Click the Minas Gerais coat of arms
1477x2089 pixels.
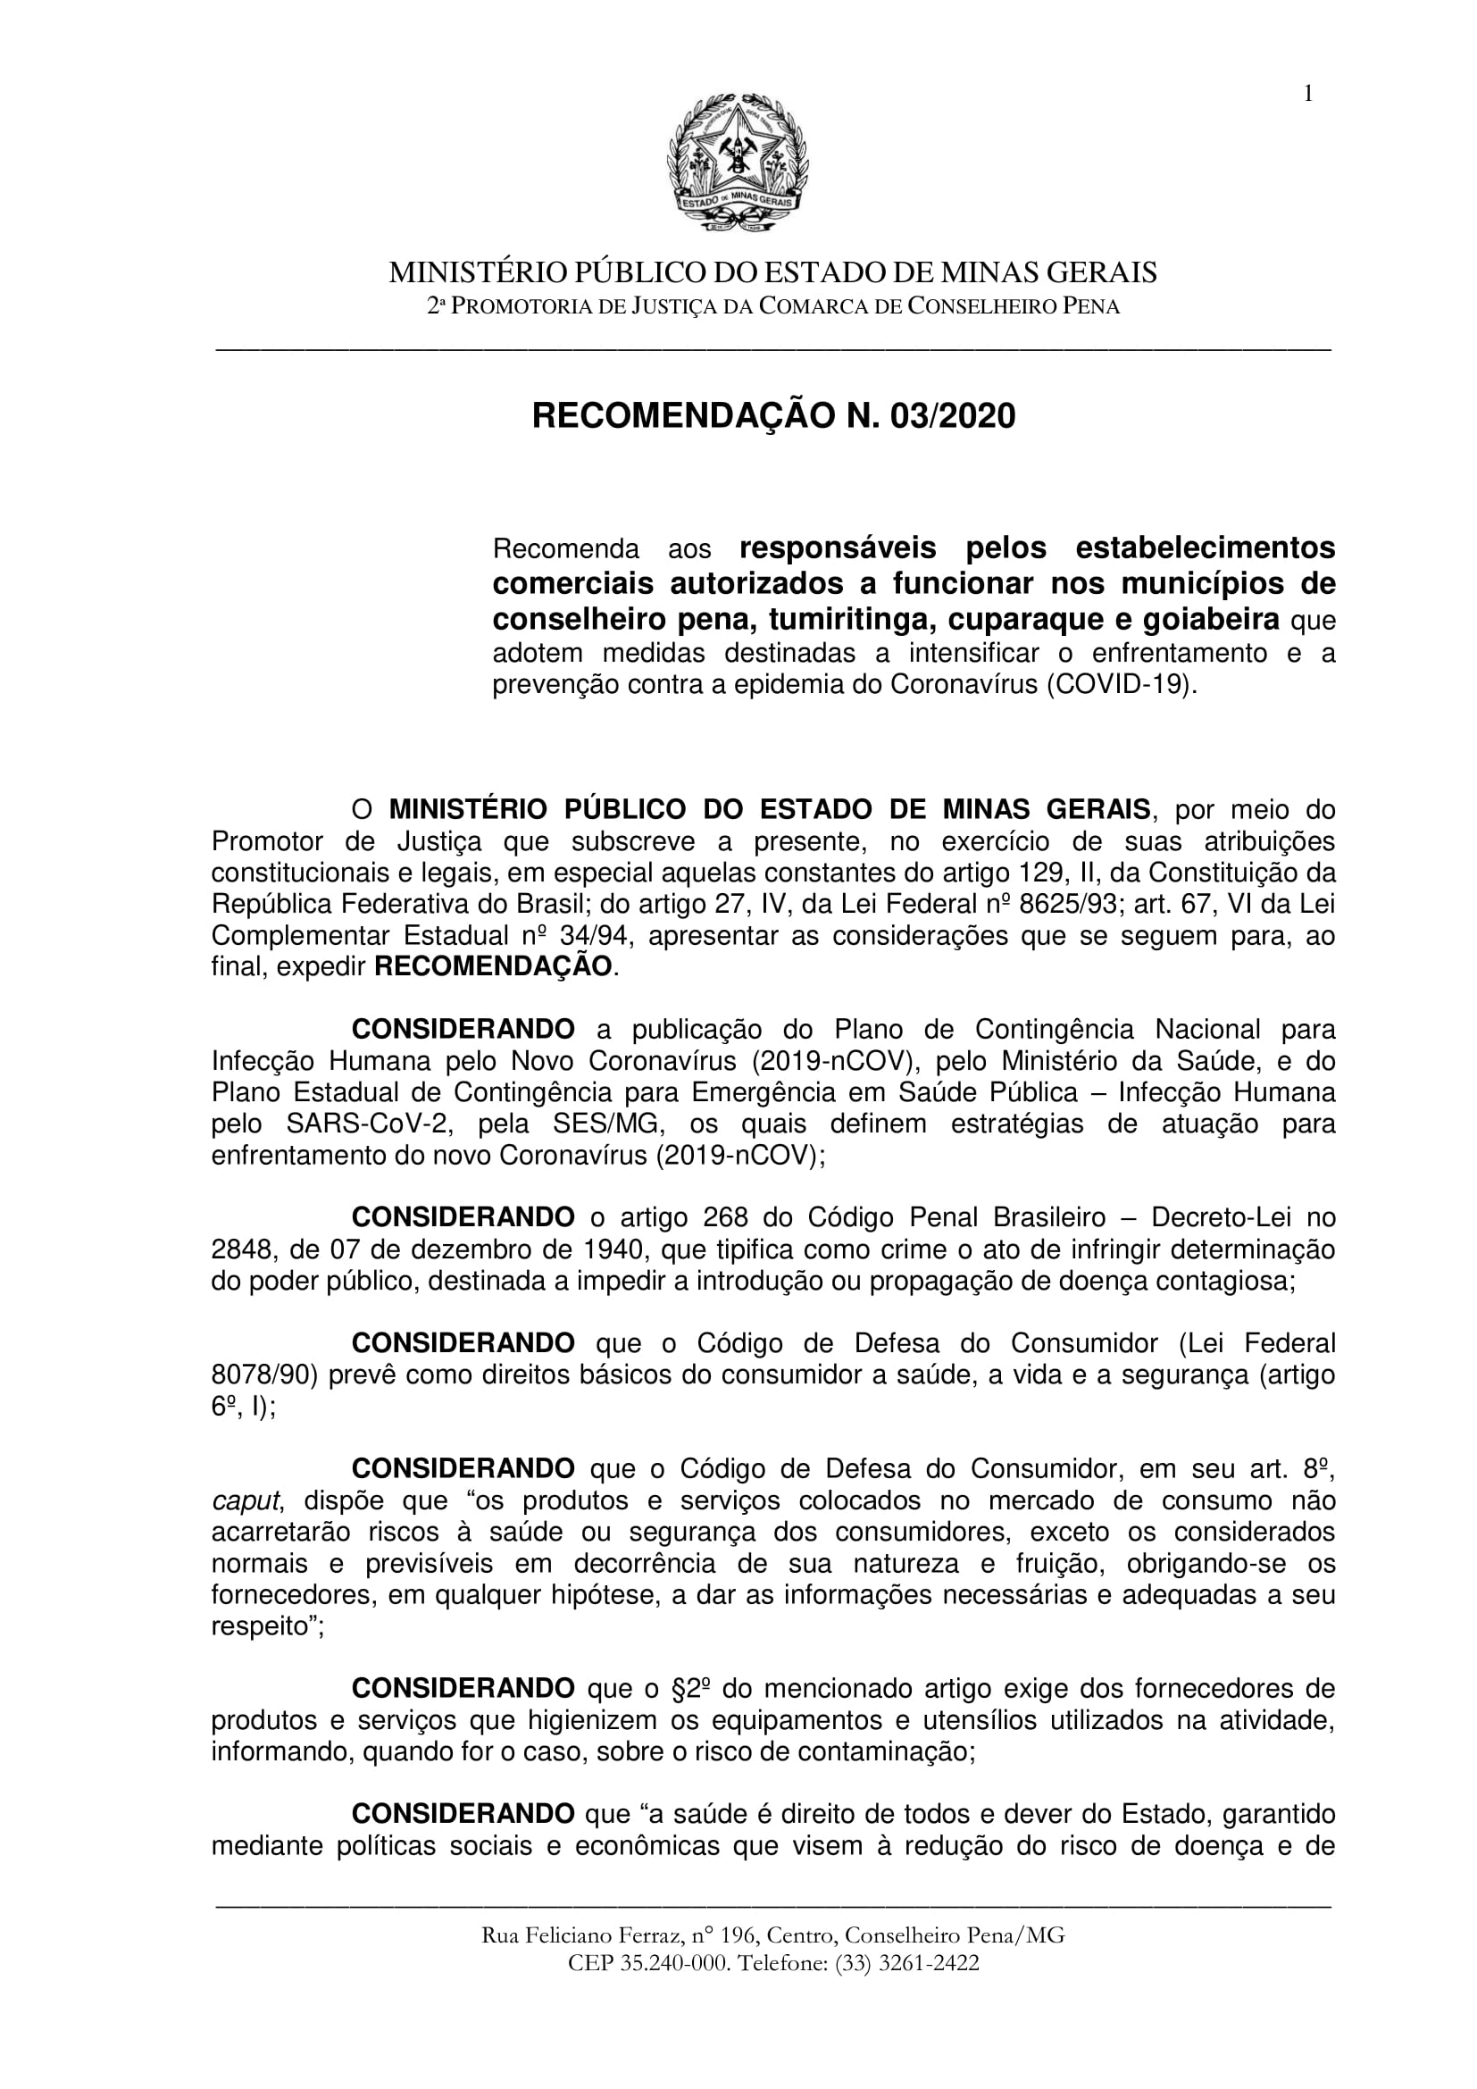pos(738,164)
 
